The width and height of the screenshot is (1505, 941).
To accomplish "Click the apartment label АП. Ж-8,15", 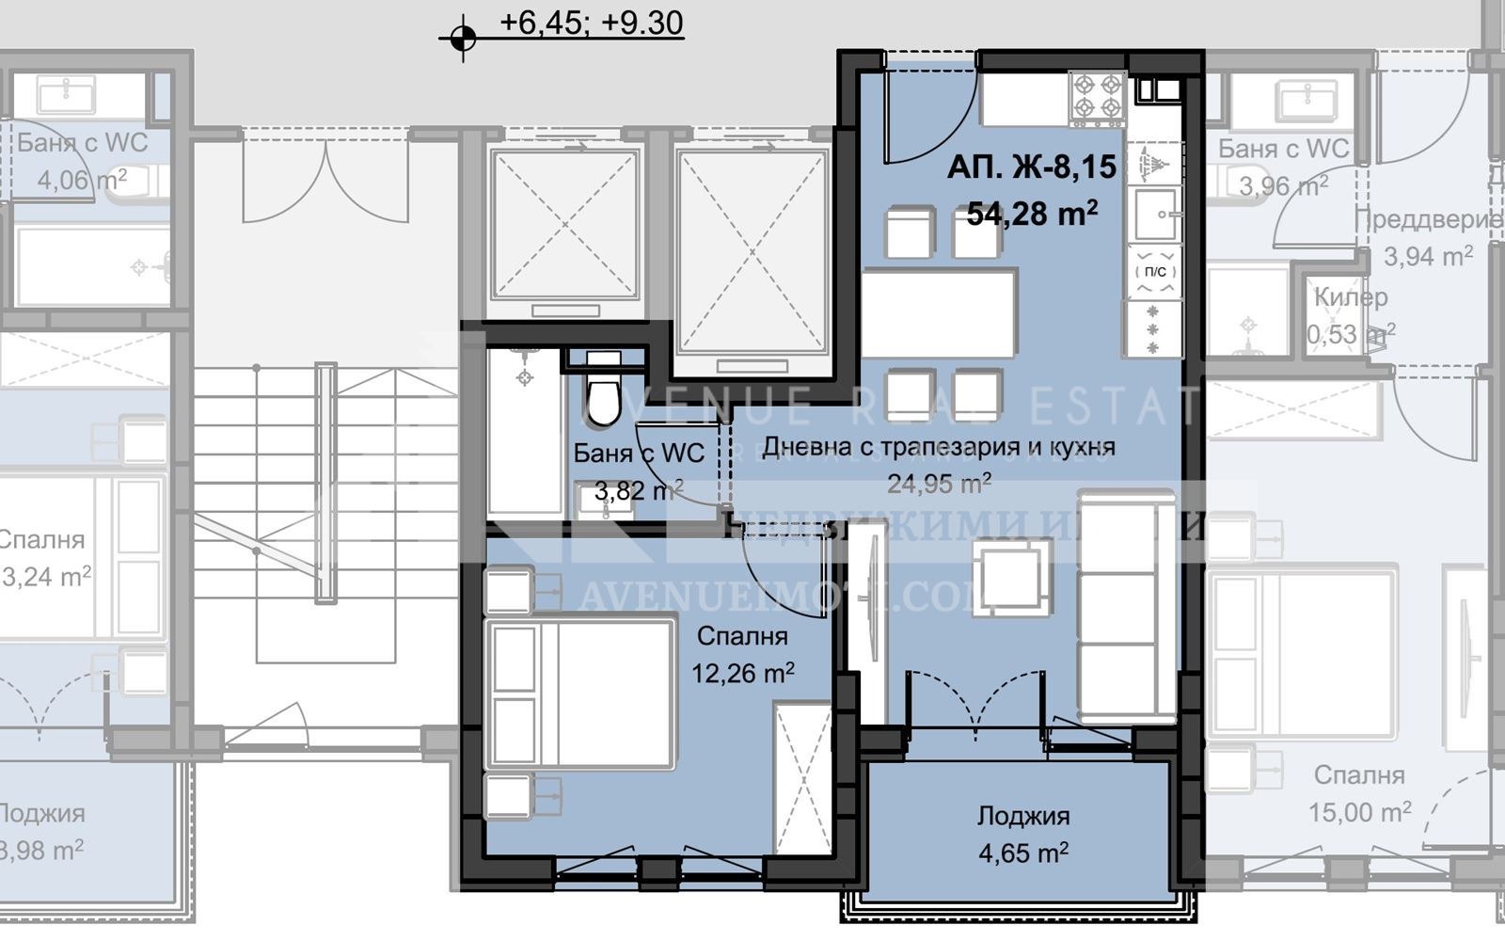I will pos(1031,167).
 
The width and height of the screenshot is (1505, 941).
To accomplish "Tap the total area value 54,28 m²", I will pos(1031,214).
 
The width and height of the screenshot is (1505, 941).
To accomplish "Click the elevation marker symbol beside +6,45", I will pos(462,39).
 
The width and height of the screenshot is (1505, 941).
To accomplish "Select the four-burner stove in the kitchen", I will pos(1098,99).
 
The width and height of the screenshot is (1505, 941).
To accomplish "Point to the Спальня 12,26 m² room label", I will pos(742,637).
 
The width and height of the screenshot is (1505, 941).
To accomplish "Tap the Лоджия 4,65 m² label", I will pos(1022,816).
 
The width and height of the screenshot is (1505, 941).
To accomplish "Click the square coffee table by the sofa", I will pos(1012,577).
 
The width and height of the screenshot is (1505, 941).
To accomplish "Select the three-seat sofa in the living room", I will pos(1127,604).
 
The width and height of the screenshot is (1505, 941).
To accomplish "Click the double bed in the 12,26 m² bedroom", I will pos(580,693).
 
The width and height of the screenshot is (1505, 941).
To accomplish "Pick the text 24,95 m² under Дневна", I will pos(939,485).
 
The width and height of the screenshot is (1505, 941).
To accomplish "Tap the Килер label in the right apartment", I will pos(1350,297).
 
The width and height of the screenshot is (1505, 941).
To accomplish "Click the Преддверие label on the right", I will pos(1427,220).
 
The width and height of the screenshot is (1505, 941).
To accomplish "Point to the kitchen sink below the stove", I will pos(1154,214).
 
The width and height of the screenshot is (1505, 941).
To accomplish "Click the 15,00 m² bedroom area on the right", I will pos(1359,811).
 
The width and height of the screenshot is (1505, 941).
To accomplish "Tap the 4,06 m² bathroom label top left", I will pos(82,179).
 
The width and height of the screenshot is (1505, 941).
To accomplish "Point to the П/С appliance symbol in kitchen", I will pos(1154,271).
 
